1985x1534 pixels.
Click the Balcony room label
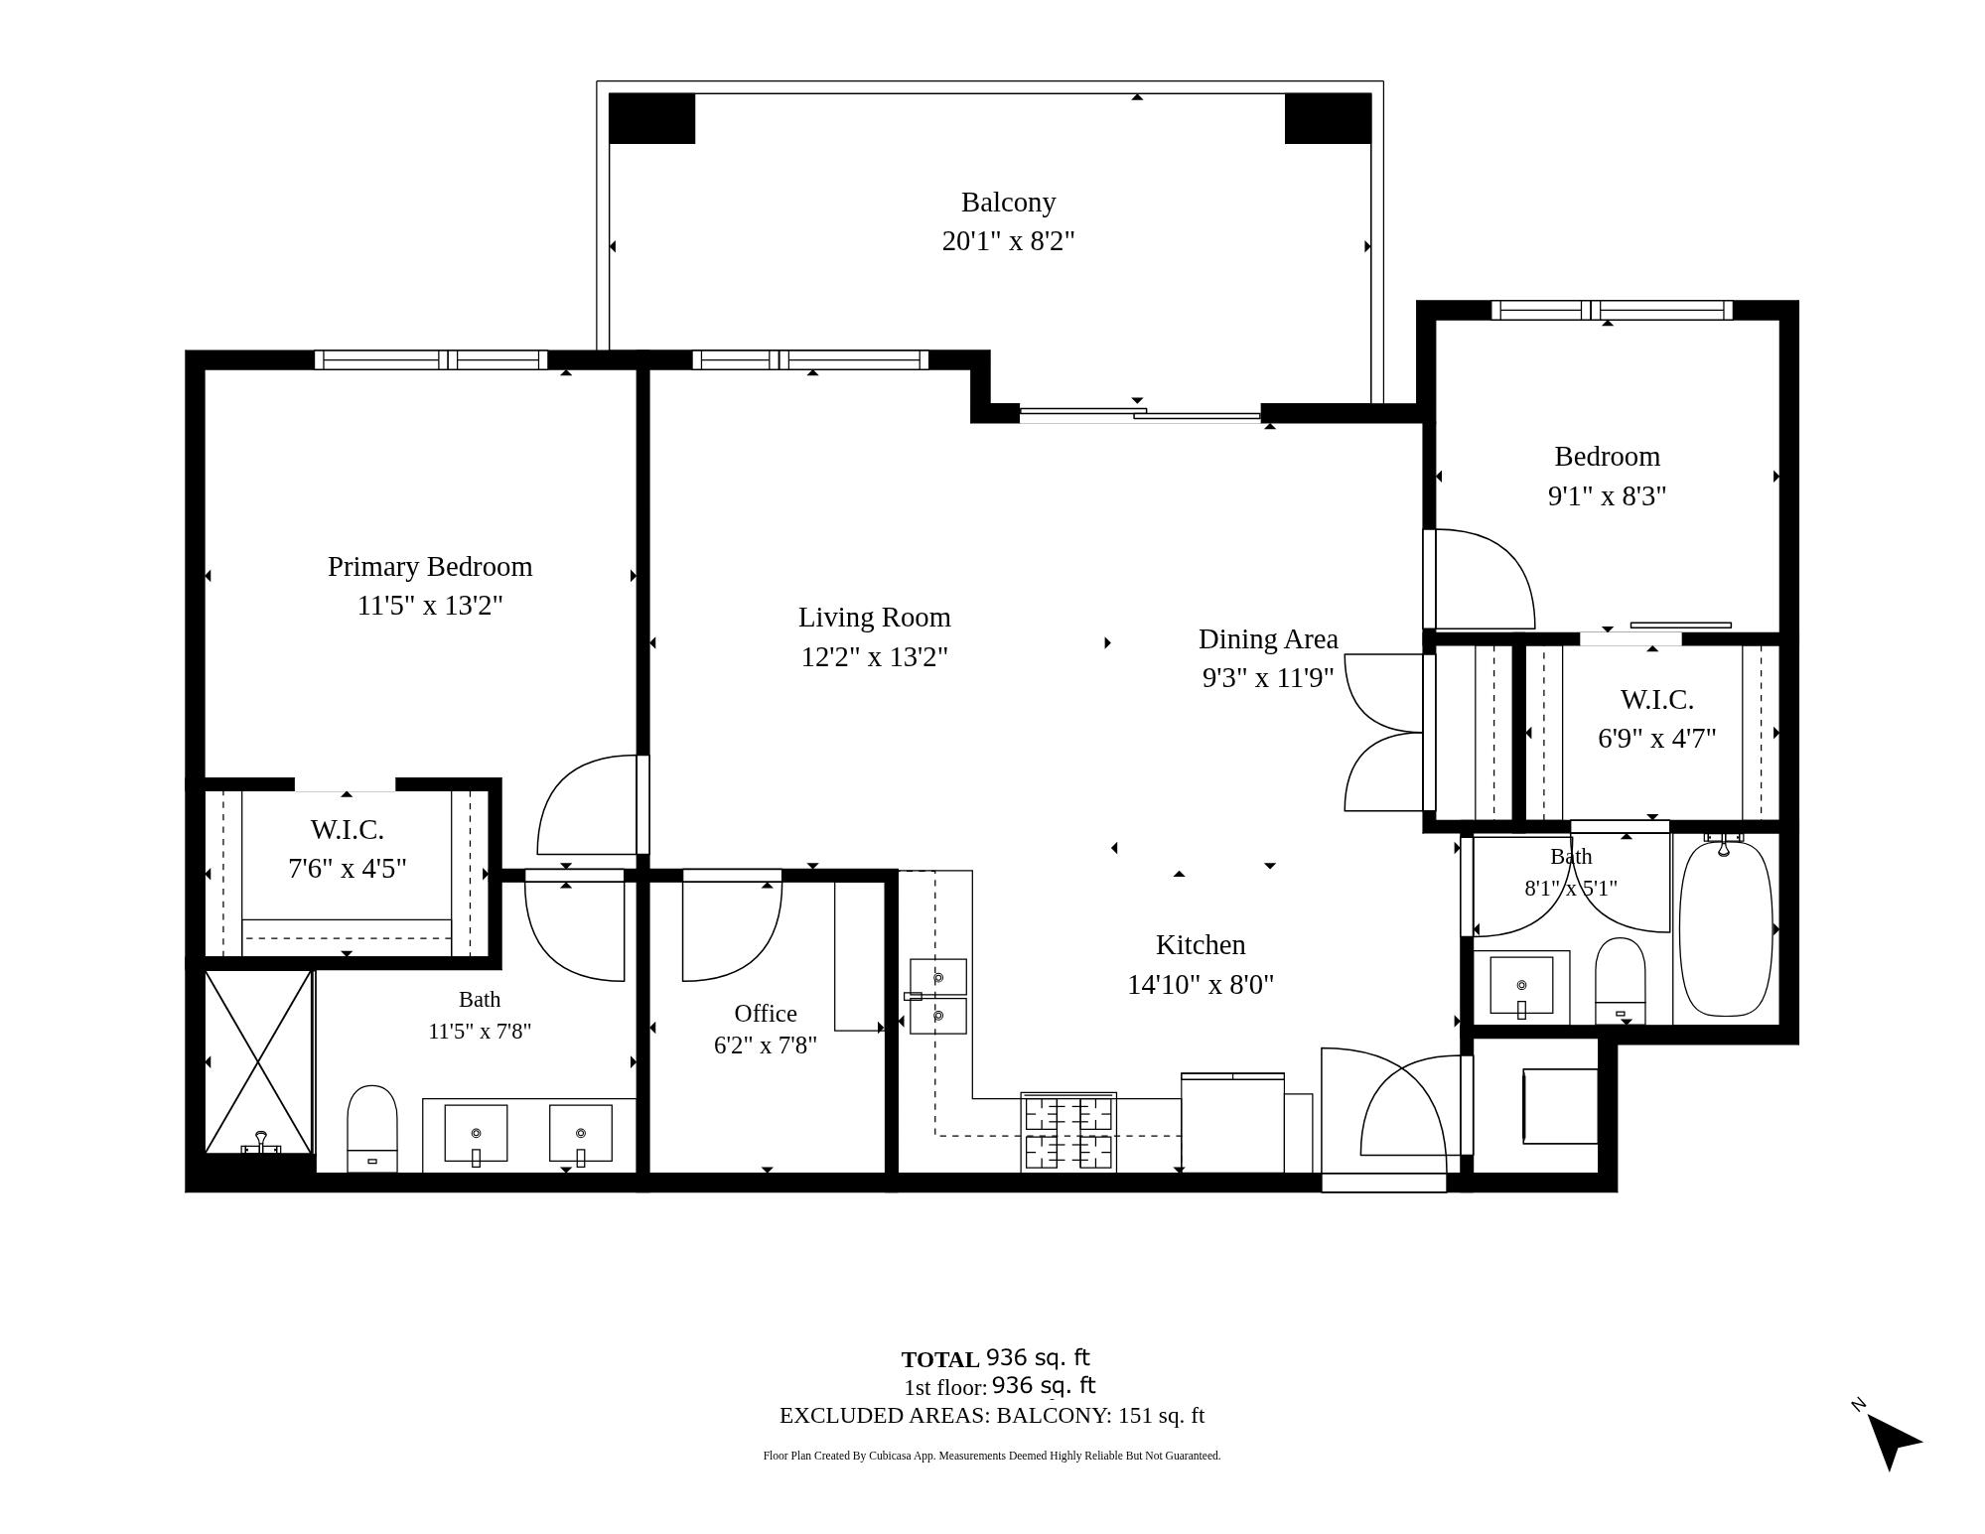point(1008,203)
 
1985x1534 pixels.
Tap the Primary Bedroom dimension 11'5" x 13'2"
point(430,606)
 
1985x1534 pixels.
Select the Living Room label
point(875,618)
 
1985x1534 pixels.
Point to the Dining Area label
point(1268,639)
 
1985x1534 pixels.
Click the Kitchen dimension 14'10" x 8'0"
point(1201,985)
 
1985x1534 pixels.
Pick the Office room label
point(766,1014)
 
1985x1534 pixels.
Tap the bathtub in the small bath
point(1726,927)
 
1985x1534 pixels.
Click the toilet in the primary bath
point(372,1129)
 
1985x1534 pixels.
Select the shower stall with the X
point(258,1062)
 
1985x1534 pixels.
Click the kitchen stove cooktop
point(1068,1133)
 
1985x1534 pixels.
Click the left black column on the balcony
point(651,118)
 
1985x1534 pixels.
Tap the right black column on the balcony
point(1328,118)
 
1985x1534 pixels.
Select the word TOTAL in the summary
point(940,1360)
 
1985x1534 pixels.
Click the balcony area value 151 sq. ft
point(1161,1416)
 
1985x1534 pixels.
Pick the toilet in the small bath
point(1620,981)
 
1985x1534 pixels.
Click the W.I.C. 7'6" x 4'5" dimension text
point(348,869)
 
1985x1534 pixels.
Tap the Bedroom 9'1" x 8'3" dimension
point(1608,495)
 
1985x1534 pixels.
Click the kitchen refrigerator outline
point(1232,1123)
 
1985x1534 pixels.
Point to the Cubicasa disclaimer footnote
point(992,1456)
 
